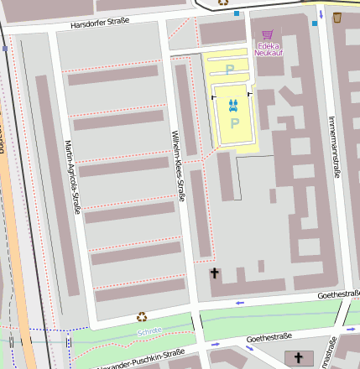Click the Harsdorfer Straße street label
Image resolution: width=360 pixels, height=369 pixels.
[105, 23]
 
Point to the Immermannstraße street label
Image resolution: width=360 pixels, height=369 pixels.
[332, 148]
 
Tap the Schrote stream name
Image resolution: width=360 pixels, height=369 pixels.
[150, 331]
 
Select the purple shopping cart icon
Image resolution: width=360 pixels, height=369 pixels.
[269, 34]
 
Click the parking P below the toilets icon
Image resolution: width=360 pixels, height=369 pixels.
[235, 123]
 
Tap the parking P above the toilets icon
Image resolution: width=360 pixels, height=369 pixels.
[230, 71]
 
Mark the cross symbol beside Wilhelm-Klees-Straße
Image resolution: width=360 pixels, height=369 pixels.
[214, 273]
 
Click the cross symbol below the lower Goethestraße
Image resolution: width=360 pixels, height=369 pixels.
[298, 359]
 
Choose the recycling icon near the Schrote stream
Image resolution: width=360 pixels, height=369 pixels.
[142, 317]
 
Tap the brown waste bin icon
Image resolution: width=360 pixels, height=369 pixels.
[337, 18]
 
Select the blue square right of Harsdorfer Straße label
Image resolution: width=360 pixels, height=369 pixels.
[237, 14]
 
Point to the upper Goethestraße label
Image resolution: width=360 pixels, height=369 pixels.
[338, 294]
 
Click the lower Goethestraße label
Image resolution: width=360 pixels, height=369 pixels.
[269, 337]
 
